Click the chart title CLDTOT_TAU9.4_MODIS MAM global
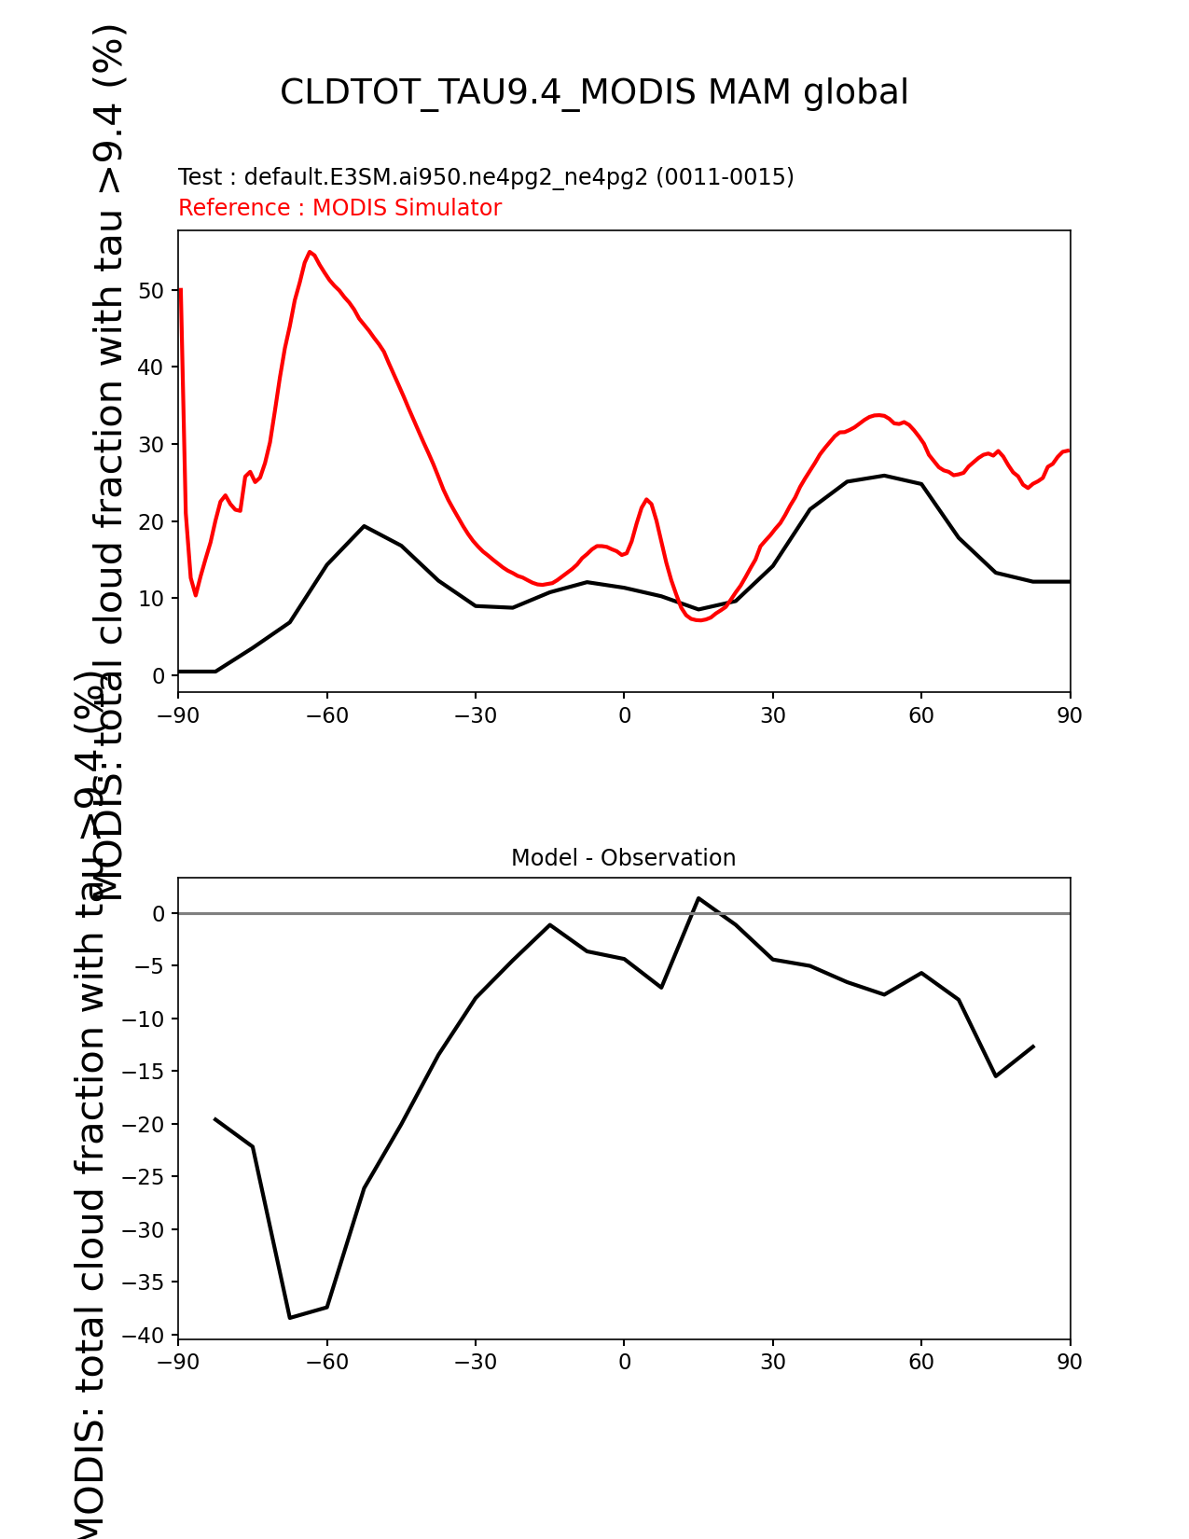point(594,92)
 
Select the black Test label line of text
point(486,177)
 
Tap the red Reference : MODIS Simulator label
point(339,208)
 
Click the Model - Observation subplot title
point(623,858)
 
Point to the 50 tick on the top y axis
point(152,290)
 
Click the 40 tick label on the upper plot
point(152,367)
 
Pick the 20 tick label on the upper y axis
point(152,521)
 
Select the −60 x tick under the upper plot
point(326,715)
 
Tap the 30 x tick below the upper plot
point(772,715)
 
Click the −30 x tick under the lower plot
point(475,1362)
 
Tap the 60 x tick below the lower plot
point(921,1362)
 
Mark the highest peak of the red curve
point(310,252)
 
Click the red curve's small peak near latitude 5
point(646,499)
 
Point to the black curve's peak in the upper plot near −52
point(364,526)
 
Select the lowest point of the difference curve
point(290,1317)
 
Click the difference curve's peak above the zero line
point(698,898)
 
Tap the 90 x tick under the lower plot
point(1070,1362)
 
